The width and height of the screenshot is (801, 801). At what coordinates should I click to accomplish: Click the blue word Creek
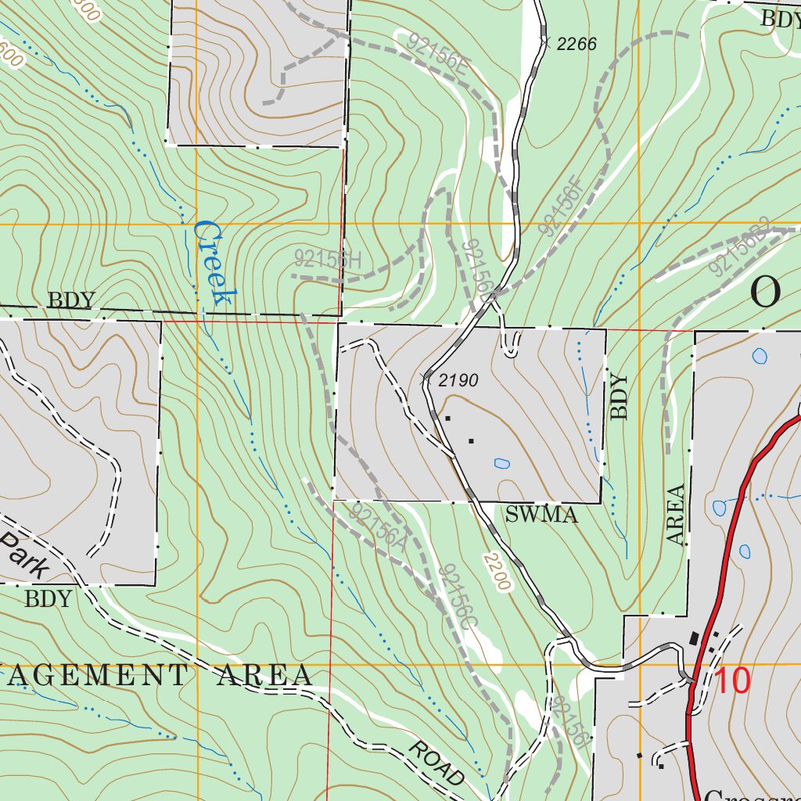(x=214, y=263)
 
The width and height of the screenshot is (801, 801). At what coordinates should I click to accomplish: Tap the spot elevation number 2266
(x=577, y=45)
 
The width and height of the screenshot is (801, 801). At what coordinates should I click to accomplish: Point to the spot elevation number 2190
(x=457, y=381)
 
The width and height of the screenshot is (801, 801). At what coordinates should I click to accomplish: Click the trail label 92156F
(x=561, y=207)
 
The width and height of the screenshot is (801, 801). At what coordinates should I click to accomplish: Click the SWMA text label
(x=541, y=515)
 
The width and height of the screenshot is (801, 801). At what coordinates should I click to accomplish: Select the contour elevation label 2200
(x=496, y=572)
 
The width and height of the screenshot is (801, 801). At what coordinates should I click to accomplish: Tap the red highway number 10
(x=732, y=681)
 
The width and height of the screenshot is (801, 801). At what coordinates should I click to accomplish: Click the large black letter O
(x=765, y=293)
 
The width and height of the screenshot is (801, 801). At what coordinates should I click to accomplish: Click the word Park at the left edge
(x=23, y=556)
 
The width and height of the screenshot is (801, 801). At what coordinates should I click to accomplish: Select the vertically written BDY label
(x=620, y=397)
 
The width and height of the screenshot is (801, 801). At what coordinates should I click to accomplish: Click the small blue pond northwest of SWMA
(x=501, y=463)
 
